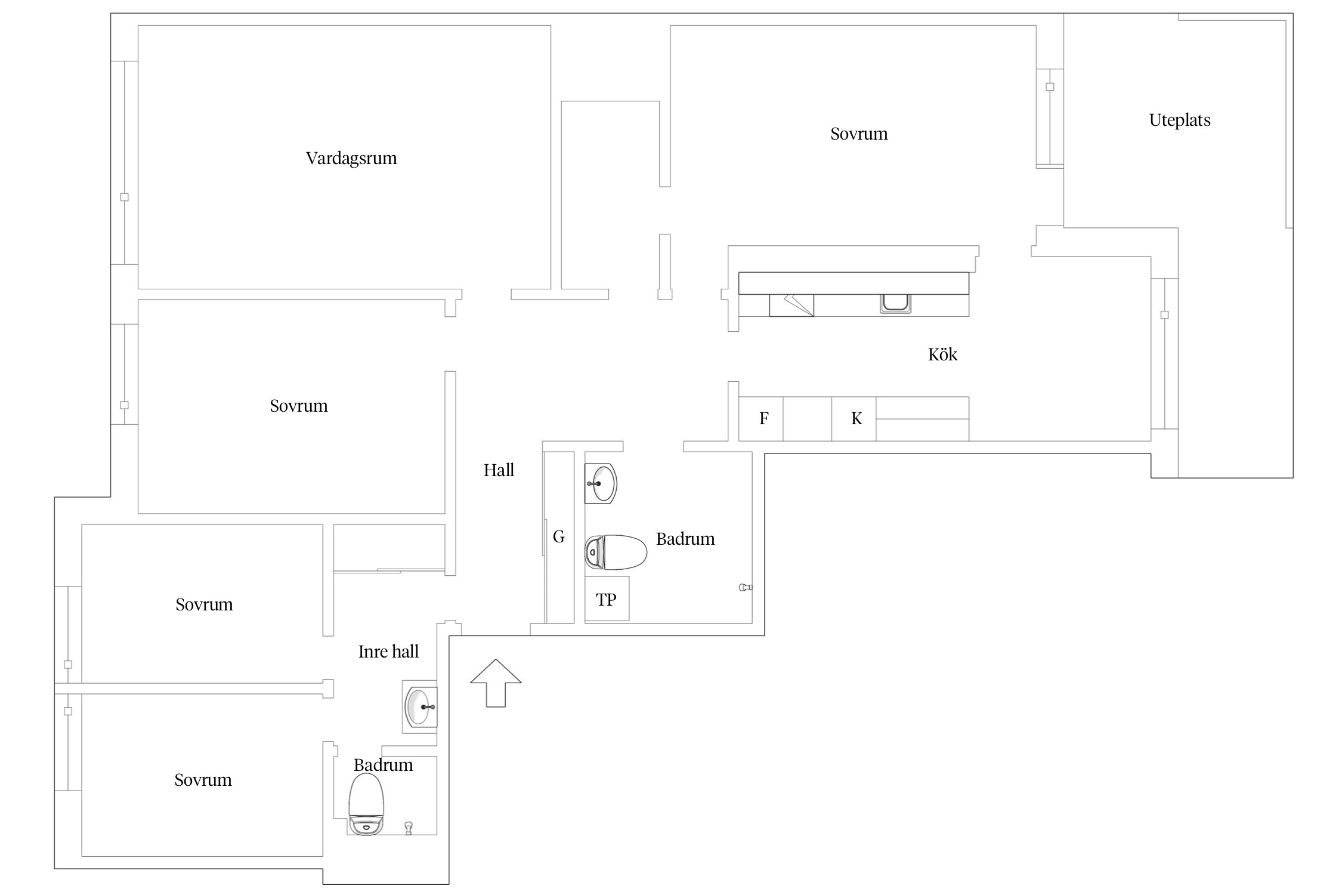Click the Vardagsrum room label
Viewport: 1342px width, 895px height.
click(351, 158)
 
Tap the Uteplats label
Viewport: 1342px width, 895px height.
click(1180, 121)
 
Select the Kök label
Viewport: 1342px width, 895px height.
click(942, 354)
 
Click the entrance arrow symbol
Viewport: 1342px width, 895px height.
click(496, 683)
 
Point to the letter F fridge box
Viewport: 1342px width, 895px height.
click(761, 419)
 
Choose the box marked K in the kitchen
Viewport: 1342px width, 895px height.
click(854, 419)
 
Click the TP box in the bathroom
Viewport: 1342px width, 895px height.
click(607, 599)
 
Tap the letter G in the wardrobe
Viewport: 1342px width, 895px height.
click(559, 536)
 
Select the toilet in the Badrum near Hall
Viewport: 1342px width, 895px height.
click(616, 552)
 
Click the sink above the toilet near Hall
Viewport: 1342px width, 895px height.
click(601, 483)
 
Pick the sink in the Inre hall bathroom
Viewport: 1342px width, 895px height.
click(420, 706)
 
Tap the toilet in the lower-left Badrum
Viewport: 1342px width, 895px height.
click(366, 804)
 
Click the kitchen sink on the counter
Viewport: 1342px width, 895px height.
click(895, 303)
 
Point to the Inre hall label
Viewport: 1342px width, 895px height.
click(388, 652)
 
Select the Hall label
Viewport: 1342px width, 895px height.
click(499, 470)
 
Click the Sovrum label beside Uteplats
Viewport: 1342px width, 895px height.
click(859, 134)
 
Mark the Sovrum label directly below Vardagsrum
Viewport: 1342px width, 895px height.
click(299, 406)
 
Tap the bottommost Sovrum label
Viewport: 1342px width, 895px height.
click(203, 780)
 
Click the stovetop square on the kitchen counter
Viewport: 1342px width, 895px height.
click(791, 305)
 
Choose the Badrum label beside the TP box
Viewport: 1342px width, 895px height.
click(685, 539)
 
